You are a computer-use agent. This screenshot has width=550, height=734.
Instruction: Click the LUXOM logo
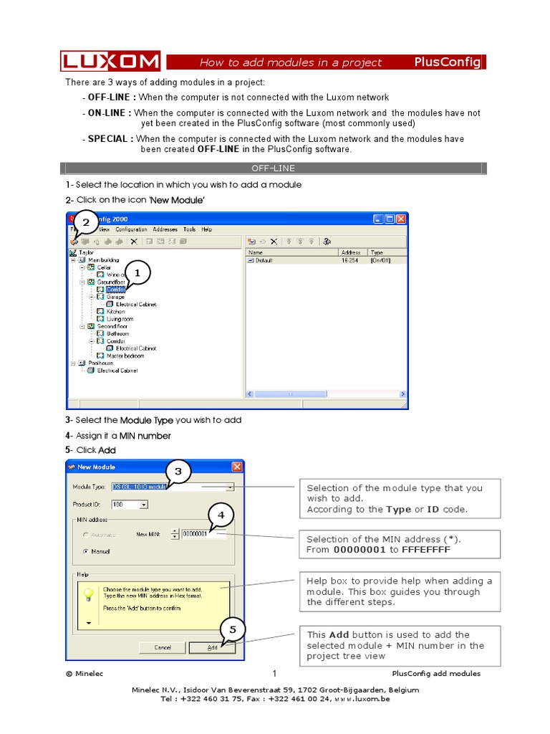click(x=110, y=62)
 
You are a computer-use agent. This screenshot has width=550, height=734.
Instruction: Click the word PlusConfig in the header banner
click(x=448, y=62)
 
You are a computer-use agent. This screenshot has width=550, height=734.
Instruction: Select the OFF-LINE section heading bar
click(x=273, y=168)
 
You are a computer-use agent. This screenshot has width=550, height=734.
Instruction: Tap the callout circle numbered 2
click(x=86, y=224)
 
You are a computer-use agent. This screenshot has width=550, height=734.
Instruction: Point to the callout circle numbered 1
click(x=138, y=273)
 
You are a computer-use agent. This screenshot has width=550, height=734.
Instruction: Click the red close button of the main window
click(x=401, y=219)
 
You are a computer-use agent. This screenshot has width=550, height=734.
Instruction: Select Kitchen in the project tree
click(x=115, y=312)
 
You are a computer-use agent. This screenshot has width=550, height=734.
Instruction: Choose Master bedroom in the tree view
click(x=125, y=356)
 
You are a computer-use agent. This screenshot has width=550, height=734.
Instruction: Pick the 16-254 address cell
click(x=350, y=260)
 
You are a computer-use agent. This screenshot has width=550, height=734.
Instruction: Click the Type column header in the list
click(x=377, y=252)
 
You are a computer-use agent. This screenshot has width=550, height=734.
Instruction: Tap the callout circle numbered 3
click(x=178, y=472)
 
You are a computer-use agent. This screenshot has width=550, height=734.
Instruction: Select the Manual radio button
click(x=87, y=551)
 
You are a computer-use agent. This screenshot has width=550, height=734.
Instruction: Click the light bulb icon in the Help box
click(x=90, y=594)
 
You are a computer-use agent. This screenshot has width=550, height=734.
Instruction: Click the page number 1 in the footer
click(x=274, y=673)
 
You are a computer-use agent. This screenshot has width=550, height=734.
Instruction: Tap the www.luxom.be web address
click(x=362, y=699)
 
